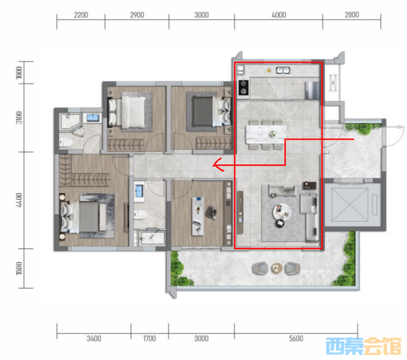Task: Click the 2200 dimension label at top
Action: (x=81, y=15)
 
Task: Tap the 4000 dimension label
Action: (x=279, y=15)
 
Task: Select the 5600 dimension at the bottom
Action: (x=296, y=338)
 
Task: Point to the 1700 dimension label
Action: (x=150, y=338)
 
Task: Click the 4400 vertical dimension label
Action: (x=19, y=200)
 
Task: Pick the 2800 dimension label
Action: (x=352, y=15)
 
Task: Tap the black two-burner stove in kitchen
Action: (x=243, y=88)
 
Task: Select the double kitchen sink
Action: (x=283, y=70)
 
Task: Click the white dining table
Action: (x=266, y=134)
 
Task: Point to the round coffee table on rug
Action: (x=282, y=212)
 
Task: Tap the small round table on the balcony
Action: (x=277, y=268)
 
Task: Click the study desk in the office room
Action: (x=198, y=216)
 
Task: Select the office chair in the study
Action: (x=212, y=212)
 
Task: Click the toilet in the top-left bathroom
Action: (x=66, y=143)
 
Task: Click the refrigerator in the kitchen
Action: (x=312, y=91)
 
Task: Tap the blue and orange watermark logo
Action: (x=364, y=346)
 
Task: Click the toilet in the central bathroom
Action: (x=140, y=215)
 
